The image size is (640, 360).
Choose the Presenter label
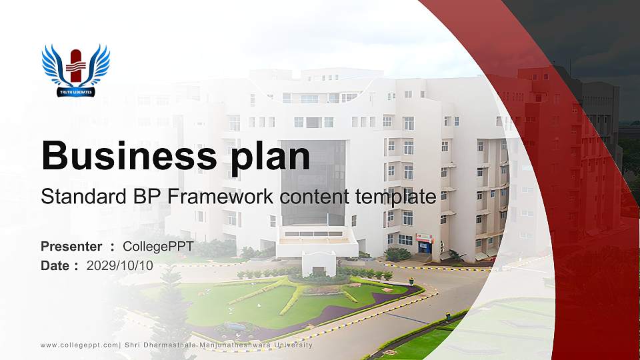click(71, 247)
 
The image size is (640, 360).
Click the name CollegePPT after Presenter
click(158, 247)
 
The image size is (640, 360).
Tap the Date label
click(55, 265)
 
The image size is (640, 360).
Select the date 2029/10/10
click(120, 265)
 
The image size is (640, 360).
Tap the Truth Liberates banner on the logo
click(75, 91)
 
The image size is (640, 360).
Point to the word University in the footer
click(289, 345)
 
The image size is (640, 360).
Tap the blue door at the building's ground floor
click(424, 247)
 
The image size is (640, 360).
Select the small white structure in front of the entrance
click(319, 263)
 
